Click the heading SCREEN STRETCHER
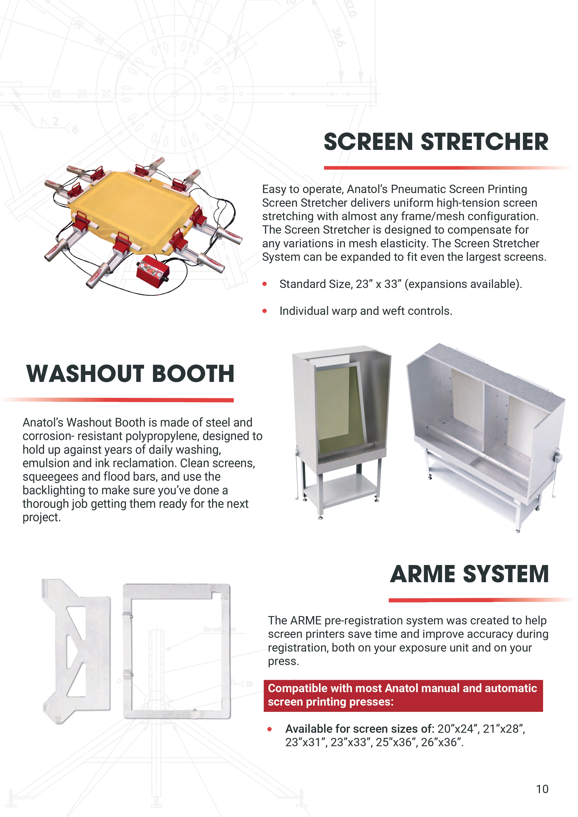[436, 142]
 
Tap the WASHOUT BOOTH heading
[130, 374]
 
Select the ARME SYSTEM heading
[469, 574]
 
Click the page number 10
[542, 789]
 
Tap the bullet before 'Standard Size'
[264, 284]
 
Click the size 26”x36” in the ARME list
[442, 742]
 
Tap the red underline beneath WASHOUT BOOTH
[117, 400]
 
